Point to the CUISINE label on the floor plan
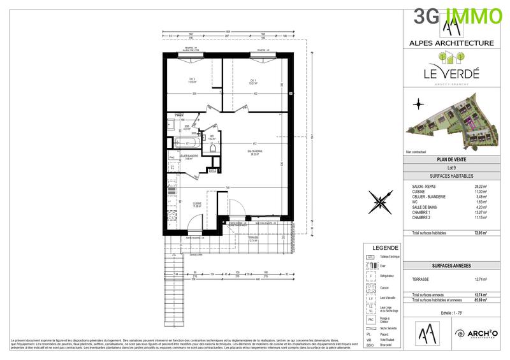click(198, 205)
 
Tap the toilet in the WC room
click(214, 146)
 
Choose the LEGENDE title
click(381, 248)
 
